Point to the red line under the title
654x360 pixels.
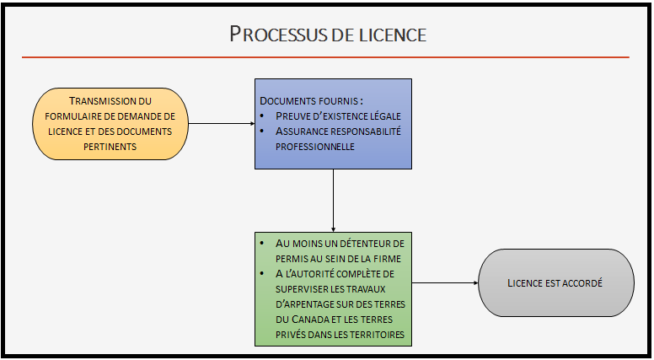[x=325, y=57]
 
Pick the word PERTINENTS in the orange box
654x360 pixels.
[x=110, y=147]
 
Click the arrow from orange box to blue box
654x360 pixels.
[x=220, y=124]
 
